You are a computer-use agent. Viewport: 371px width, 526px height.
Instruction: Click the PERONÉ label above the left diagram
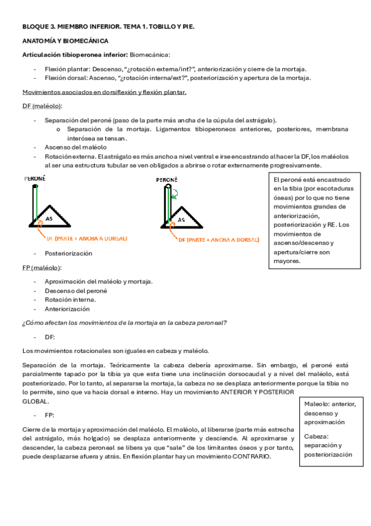click(x=35, y=178)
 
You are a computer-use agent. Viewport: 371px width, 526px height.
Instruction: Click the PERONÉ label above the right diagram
click(x=167, y=180)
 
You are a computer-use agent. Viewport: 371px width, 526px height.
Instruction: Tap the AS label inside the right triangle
click(x=181, y=220)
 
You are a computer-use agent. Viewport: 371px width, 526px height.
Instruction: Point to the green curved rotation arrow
click(x=176, y=194)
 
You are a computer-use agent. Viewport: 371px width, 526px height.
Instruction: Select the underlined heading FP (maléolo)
click(x=41, y=267)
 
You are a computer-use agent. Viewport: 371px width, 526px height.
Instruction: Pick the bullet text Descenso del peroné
click(x=76, y=290)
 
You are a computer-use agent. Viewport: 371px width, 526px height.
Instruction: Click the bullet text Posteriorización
click(x=68, y=253)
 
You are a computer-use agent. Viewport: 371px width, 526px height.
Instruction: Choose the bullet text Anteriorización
click(x=67, y=308)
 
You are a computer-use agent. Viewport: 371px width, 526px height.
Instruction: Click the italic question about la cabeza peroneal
click(x=124, y=323)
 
